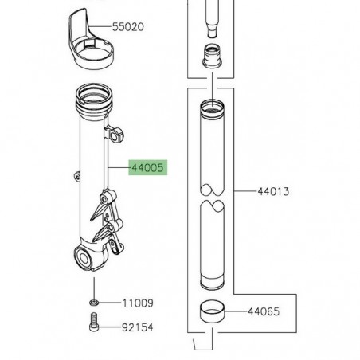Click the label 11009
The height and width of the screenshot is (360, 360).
[137, 303]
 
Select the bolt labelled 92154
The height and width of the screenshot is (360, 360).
[94, 324]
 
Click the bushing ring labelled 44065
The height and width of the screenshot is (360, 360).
[213, 310]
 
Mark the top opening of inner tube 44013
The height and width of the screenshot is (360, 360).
[213, 104]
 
